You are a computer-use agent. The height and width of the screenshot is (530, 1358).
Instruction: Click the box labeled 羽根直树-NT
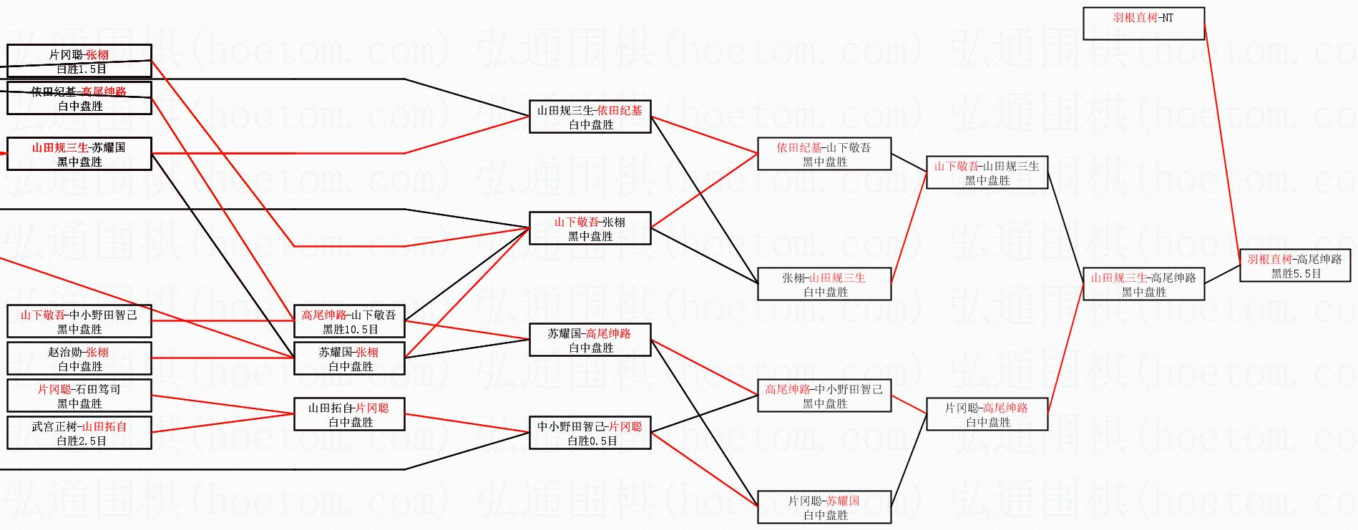point(1143,23)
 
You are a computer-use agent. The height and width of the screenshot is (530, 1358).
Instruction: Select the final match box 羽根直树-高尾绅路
point(1295,265)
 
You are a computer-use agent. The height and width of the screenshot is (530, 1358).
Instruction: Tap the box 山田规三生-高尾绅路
point(1143,284)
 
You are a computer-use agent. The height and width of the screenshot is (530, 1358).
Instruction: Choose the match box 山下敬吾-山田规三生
point(987,172)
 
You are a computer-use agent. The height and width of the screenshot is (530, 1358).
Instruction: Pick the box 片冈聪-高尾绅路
point(987,414)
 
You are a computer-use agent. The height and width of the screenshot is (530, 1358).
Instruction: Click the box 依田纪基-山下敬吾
point(824,154)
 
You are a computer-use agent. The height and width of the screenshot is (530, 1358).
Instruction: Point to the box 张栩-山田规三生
point(824,284)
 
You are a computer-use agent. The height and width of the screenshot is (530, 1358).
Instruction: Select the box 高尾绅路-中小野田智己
point(824,396)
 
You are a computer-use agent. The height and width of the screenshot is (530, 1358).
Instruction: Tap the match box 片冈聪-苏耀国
point(824,507)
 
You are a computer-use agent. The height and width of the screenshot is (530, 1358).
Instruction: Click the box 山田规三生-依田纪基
point(590,117)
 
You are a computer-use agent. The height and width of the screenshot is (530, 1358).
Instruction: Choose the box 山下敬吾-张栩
point(590,228)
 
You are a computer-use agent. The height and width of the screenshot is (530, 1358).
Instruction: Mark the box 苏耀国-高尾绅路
point(590,340)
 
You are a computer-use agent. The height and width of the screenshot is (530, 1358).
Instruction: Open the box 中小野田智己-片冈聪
point(590,433)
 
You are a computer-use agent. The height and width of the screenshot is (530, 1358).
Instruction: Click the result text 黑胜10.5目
point(350,330)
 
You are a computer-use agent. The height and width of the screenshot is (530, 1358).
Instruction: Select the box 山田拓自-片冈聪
point(350,414)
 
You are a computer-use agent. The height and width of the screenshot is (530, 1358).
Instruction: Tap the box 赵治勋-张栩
point(79,358)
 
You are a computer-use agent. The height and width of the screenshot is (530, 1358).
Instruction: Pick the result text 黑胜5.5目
point(1296,273)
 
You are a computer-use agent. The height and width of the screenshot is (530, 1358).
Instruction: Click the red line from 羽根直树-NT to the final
point(1222,136)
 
